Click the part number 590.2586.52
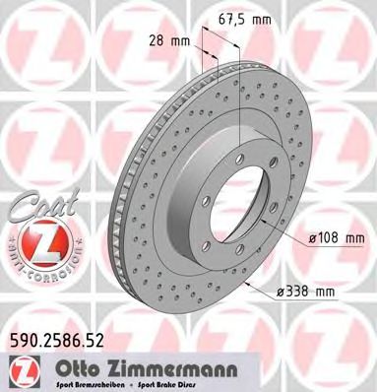coord(58,342)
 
